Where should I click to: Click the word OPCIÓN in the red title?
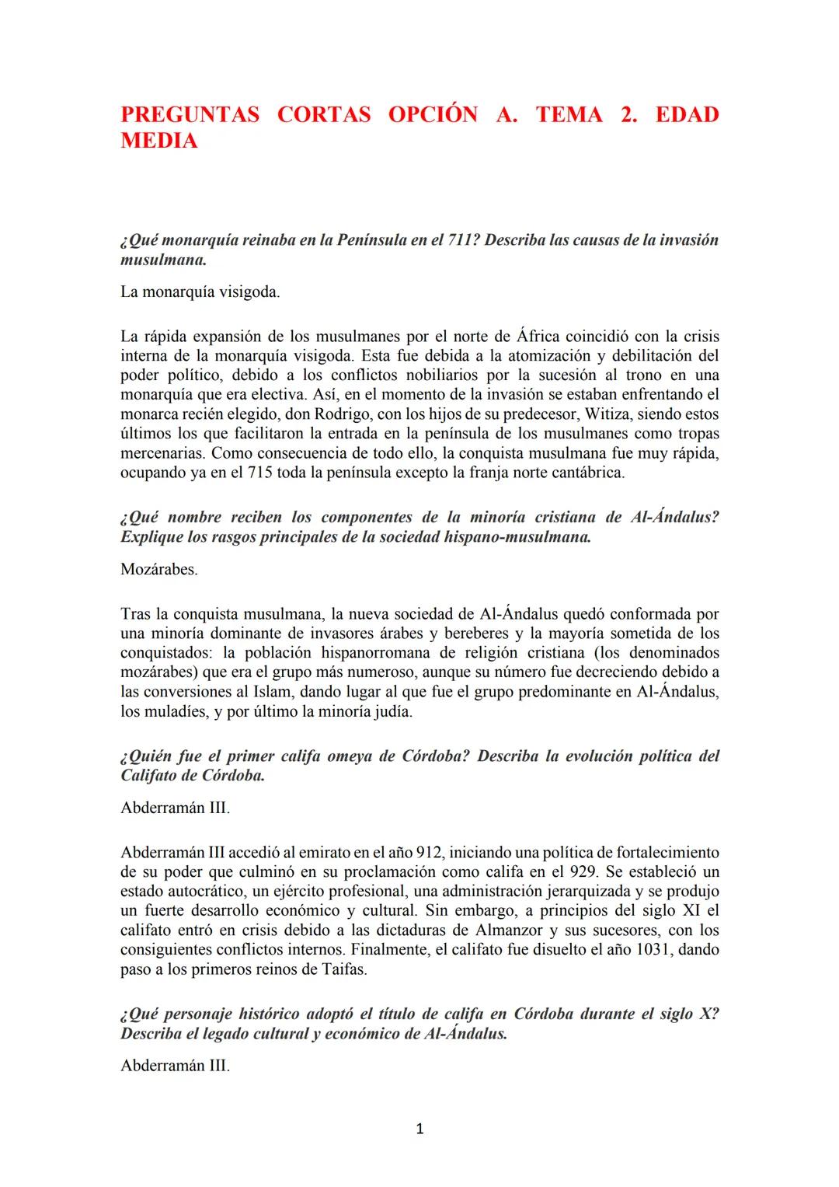[x=433, y=115]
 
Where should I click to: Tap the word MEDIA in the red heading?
[x=159, y=141]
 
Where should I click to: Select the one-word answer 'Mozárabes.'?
[x=159, y=569]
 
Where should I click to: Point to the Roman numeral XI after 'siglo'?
[x=691, y=911]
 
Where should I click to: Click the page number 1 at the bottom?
[x=419, y=1129]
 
